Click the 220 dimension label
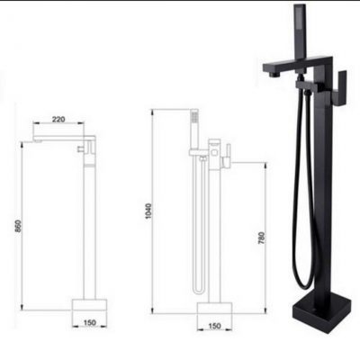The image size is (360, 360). point(58,119)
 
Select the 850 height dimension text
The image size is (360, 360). point(18,226)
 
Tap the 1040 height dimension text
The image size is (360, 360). point(148,211)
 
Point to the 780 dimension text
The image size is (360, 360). point(262,238)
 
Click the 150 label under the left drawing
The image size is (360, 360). point(90,323)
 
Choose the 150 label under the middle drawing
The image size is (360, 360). point(214,326)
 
